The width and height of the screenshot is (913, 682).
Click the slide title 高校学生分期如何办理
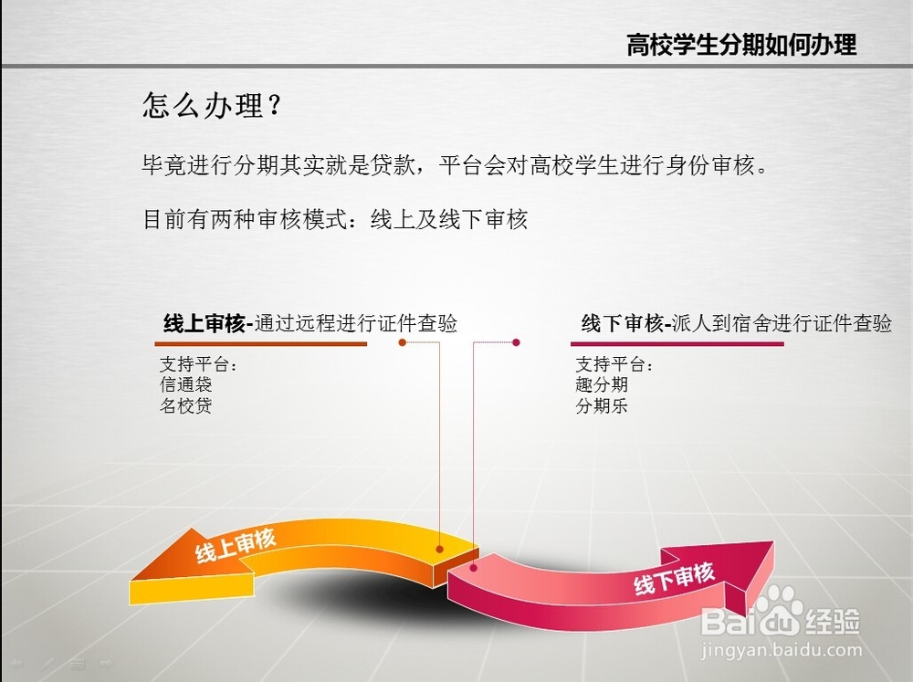(x=741, y=45)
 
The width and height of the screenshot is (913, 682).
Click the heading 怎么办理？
(x=213, y=105)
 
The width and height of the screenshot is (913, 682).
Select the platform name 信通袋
(x=185, y=384)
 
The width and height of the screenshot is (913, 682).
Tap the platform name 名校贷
(x=185, y=405)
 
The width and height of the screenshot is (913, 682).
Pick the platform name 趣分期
(x=602, y=384)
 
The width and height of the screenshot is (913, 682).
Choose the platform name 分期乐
(x=602, y=405)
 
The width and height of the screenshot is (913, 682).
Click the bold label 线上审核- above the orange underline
(x=208, y=323)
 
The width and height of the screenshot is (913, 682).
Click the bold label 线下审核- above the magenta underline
(x=626, y=323)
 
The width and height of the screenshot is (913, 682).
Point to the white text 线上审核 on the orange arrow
(x=236, y=546)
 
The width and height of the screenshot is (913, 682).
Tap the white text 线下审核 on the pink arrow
(x=675, y=578)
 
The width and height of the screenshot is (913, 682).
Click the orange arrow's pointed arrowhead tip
(x=132, y=580)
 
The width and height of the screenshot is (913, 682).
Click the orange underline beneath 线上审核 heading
(x=261, y=344)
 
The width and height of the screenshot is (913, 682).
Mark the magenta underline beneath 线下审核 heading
(x=677, y=344)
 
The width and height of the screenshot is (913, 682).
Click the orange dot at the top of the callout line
(x=402, y=342)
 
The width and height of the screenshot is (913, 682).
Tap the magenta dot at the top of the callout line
(x=516, y=342)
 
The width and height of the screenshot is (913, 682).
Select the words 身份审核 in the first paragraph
(x=709, y=166)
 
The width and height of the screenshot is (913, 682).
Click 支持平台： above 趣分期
(x=614, y=364)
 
